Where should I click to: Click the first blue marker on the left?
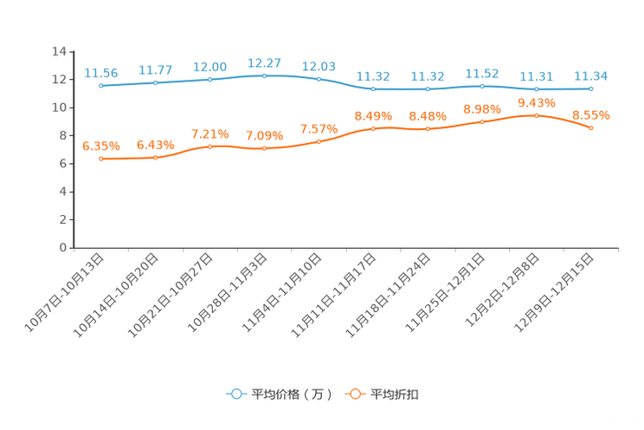coord(101,85)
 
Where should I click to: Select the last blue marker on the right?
coord(591,88)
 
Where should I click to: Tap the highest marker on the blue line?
coord(265,75)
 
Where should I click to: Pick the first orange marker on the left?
coord(101,159)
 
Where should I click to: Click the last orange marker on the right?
coord(591,128)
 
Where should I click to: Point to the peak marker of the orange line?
coord(537,115)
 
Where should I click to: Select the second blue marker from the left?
coord(156,82)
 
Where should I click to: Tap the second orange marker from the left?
coord(156,158)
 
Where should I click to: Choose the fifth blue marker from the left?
coord(319,79)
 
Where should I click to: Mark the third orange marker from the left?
coord(210,146)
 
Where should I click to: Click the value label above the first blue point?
coord(101,72)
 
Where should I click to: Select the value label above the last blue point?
coord(591,75)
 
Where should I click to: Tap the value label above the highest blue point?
coord(265,62)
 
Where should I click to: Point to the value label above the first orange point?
coord(101,146)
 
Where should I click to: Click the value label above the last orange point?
coord(591,115)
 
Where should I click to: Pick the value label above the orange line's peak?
coord(537,102)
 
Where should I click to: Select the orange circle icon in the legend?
coord(355,394)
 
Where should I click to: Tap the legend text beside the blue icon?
coord(292,394)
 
